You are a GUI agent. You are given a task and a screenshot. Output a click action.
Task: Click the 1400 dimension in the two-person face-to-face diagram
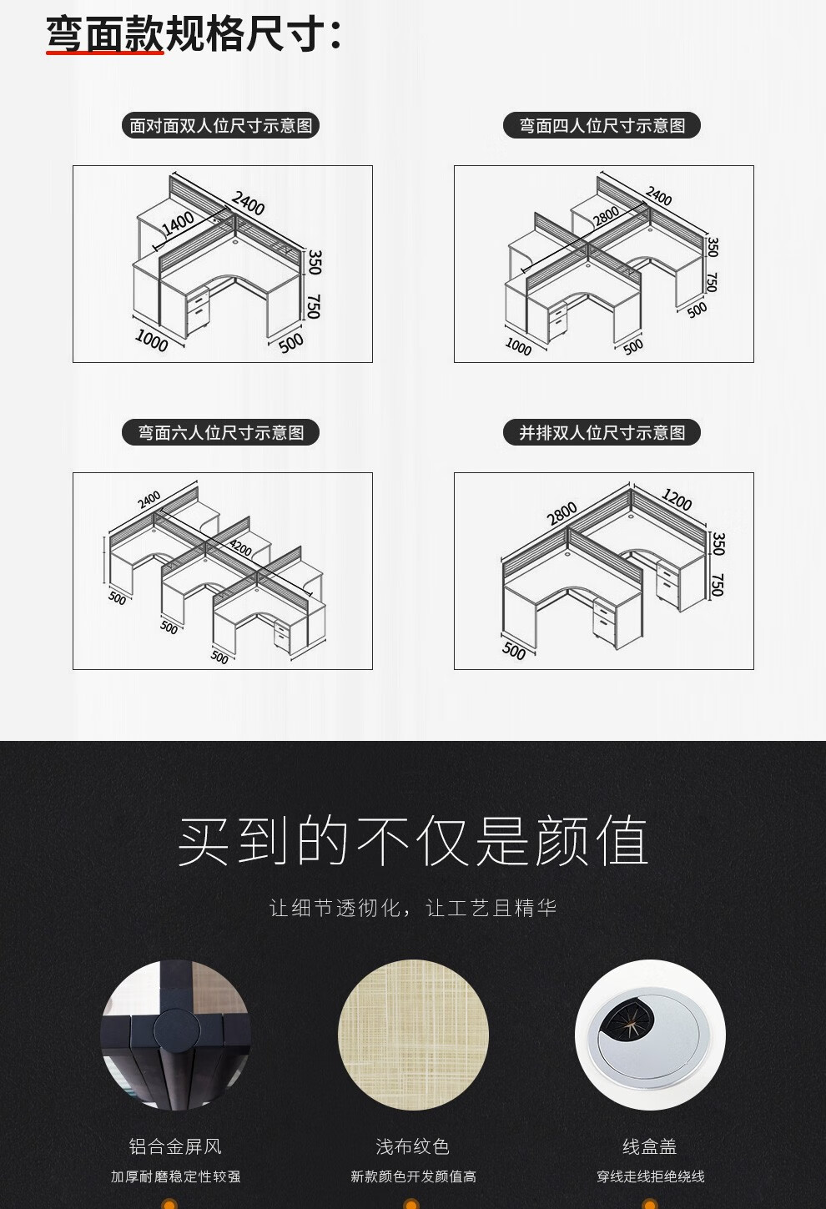pyautogui.click(x=179, y=223)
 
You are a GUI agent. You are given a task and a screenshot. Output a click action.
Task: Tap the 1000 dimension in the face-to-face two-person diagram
pyautogui.click(x=151, y=340)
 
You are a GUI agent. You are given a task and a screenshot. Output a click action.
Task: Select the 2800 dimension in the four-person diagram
pyautogui.click(x=607, y=216)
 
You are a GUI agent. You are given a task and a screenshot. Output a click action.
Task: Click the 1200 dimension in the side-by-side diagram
pyautogui.click(x=677, y=499)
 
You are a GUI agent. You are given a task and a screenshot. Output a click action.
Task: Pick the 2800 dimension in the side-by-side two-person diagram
pyautogui.click(x=562, y=513)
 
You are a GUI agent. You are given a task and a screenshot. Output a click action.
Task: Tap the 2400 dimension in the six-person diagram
pyautogui.click(x=149, y=499)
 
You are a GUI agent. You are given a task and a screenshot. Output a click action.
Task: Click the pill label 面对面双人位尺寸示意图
pyautogui.click(x=221, y=126)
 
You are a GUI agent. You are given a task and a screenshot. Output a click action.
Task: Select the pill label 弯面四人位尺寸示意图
pyautogui.click(x=602, y=126)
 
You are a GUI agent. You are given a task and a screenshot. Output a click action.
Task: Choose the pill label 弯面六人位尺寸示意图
pyautogui.click(x=221, y=432)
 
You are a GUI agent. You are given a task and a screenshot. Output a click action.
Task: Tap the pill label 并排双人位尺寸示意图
pyautogui.click(x=602, y=432)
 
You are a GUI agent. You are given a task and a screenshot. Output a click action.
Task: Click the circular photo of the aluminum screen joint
pyautogui.click(x=175, y=1035)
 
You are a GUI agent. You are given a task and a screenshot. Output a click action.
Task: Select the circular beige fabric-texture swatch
pyautogui.click(x=413, y=1035)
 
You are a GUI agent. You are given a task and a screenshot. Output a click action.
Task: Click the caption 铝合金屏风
pyautogui.click(x=175, y=1146)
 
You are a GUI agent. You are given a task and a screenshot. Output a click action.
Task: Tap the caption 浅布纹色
pyautogui.click(x=413, y=1146)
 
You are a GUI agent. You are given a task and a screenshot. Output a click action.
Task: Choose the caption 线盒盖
pyautogui.click(x=650, y=1146)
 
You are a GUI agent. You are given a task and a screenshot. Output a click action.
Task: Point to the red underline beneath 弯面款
pyautogui.click(x=105, y=53)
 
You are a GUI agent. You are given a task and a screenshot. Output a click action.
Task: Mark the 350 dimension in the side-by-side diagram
pyautogui.click(x=718, y=543)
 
